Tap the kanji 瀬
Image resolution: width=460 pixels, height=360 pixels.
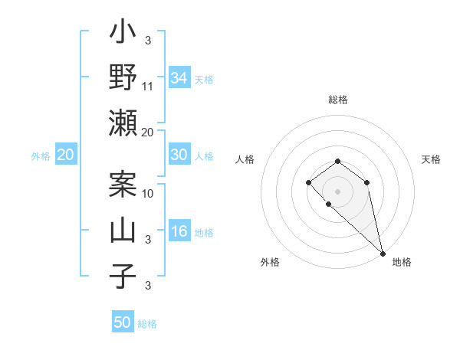point(123,123)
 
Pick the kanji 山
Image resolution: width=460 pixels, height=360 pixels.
point(123,231)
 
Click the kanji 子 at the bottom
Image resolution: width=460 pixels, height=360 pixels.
point(123,277)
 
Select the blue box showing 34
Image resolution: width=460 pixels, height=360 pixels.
point(179,77)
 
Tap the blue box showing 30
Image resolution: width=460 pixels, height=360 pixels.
point(179,154)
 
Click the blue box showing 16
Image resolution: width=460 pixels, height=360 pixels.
point(179,231)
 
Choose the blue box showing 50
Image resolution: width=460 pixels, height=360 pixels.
point(123,322)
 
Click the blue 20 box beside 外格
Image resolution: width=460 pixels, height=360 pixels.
point(65,155)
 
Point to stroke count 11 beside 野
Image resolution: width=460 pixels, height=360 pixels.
point(148,86)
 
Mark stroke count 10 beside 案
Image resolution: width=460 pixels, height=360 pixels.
point(149,193)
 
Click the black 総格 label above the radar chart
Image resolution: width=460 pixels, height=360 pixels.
point(338,100)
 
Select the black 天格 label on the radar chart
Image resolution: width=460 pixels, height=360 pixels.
point(432,159)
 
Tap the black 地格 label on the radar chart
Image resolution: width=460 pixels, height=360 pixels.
point(402,262)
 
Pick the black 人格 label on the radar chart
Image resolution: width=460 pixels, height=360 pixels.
point(245,159)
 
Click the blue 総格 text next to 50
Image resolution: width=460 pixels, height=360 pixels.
point(147,324)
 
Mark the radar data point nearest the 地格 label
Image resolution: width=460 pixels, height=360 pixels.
point(383,254)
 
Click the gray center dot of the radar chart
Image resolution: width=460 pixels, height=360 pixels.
point(338,190)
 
